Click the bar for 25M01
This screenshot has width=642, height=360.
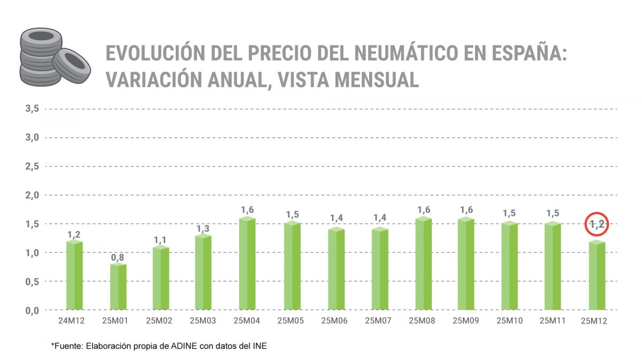coord(118,287)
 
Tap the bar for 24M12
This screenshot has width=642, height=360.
coord(74,275)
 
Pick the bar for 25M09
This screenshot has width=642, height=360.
coord(466,263)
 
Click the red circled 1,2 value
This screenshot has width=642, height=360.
coord(597,224)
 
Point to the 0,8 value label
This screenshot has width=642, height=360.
coord(118,257)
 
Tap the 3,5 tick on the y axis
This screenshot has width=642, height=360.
coord(32,109)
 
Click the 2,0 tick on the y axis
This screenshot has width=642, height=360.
coord(32,195)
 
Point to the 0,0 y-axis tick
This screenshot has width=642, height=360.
coord(32,310)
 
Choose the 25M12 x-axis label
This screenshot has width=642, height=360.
coord(597,321)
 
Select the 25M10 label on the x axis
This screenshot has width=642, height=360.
coord(509,321)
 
